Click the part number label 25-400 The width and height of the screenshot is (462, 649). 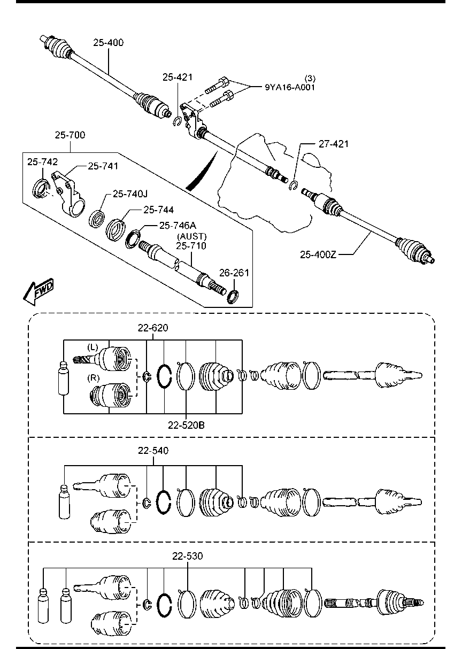click(109, 43)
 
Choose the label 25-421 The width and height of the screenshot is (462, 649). click(177, 78)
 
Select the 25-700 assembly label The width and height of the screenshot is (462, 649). click(70, 135)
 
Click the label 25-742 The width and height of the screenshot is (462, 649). click(43, 161)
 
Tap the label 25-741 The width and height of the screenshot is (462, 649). click(103, 166)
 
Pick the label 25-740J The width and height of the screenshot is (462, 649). click(130, 194)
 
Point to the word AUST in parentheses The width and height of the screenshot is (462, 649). click(192, 236)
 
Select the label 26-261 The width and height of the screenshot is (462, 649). click(234, 273)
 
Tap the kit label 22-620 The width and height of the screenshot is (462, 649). click(152, 328)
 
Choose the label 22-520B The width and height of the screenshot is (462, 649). click(186, 426)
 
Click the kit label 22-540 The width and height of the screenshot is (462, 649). click(153, 451)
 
